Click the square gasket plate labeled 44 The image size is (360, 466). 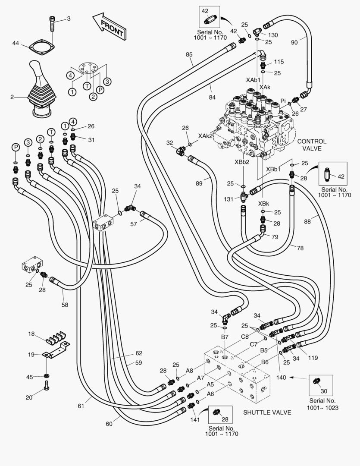tap(42, 46)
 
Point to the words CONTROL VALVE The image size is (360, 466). tap(312, 145)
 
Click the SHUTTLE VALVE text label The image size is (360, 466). tap(267, 412)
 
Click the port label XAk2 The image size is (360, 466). tap(205, 135)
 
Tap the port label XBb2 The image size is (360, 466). tap(241, 162)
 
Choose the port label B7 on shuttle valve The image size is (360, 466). tap(225, 337)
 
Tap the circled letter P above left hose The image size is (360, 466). tap(16, 148)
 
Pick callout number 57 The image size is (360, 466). tap(134, 224)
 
